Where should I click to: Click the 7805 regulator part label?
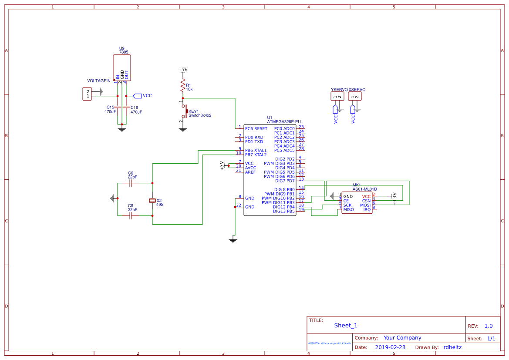coord(124,52)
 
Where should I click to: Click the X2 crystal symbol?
coord(152,200)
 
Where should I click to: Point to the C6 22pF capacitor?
coord(131,183)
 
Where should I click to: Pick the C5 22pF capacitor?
coord(131,215)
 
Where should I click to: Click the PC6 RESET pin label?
coord(256,129)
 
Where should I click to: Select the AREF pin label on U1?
coord(250,172)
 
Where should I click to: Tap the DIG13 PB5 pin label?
coord(284,211)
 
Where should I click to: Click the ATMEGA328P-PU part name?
coord(283,122)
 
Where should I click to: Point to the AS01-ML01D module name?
coord(364,189)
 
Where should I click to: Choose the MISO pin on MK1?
coord(348,209)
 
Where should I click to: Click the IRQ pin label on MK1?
coord(367,209)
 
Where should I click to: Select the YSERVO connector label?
coord(339,90)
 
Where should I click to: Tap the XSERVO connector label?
coord(357,90)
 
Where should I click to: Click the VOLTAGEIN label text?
coord(99,81)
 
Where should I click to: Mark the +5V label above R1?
coord(183,70)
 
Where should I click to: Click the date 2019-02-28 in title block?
coord(390,347)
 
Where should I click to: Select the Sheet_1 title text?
coord(346,325)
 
